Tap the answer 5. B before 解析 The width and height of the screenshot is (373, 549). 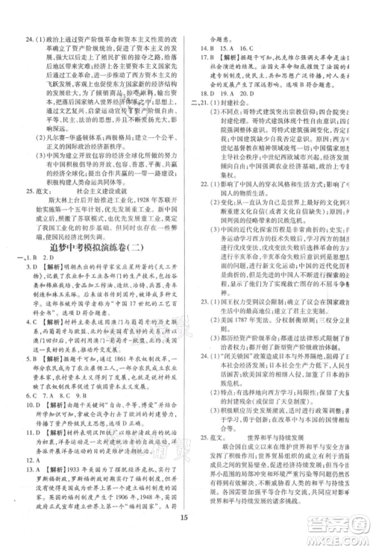coord(32,379)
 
